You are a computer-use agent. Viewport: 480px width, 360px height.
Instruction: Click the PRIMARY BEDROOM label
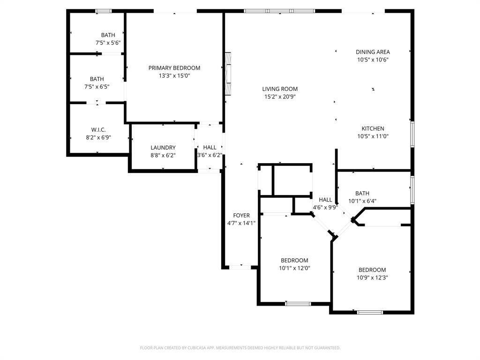click(174, 68)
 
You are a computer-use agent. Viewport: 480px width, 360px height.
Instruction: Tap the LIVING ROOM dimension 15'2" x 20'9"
click(280, 97)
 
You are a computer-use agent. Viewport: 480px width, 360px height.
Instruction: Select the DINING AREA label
click(373, 52)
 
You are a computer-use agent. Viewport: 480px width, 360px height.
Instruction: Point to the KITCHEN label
click(373, 128)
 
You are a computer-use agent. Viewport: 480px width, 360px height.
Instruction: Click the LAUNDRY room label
click(163, 148)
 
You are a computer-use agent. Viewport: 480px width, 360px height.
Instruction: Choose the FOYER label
click(241, 216)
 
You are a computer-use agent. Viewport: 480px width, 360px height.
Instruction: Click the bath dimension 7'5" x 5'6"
click(108, 43)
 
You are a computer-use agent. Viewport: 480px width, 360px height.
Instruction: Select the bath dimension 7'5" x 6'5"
click(97, 87)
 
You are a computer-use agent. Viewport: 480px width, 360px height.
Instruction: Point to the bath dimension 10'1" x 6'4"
click(362, 201)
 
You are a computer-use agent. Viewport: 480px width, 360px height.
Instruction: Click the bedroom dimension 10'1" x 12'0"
click(294, 268)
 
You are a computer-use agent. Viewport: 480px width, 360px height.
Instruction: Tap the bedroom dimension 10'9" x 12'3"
click(372, 277)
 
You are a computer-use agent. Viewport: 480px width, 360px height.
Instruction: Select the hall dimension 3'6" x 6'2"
click(210, 155)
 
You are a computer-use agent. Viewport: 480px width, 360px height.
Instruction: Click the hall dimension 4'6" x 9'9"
click(325, 207)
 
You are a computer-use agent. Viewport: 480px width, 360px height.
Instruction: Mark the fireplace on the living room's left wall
click(228, 74)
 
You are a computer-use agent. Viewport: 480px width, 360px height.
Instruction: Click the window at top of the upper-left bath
click(103, 11)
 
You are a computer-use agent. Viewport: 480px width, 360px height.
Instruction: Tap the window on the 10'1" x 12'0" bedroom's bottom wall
click(298, 304)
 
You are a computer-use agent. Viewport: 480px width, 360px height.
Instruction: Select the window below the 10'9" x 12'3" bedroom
click(370, 312)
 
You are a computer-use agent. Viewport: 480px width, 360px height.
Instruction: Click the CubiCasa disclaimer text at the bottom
click(240, 348)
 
